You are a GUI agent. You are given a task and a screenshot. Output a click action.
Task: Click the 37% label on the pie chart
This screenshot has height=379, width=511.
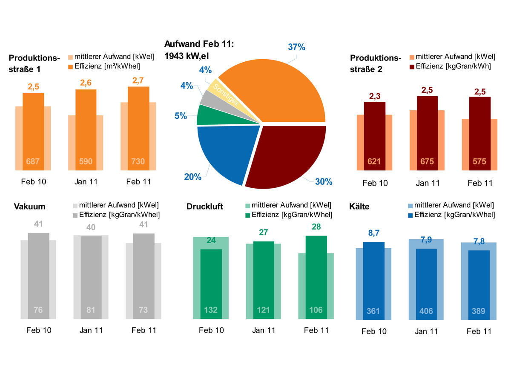point(296,47)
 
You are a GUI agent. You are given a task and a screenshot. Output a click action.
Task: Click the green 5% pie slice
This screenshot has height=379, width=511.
point(213,115)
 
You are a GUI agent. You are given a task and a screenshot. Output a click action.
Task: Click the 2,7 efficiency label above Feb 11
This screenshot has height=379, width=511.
point(138,80)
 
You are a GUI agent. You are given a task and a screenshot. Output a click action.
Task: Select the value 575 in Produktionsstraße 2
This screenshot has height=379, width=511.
point(479,162)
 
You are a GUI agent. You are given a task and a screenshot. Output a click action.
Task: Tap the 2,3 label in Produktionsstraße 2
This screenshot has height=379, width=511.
point(374,96)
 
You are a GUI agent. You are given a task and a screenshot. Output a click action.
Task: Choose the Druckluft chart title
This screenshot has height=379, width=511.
point(205,207)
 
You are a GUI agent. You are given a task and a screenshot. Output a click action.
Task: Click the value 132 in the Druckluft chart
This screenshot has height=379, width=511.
point(211,310)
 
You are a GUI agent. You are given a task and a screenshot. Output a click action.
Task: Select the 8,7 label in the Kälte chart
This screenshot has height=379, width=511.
point(374,234)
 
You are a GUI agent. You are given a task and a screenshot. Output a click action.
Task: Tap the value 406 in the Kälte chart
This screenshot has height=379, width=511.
point(426,311)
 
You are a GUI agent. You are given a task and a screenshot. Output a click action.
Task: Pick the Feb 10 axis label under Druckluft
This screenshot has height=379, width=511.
point(211,330)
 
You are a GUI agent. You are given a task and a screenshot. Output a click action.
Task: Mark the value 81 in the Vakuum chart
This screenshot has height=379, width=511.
point(91,310)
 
